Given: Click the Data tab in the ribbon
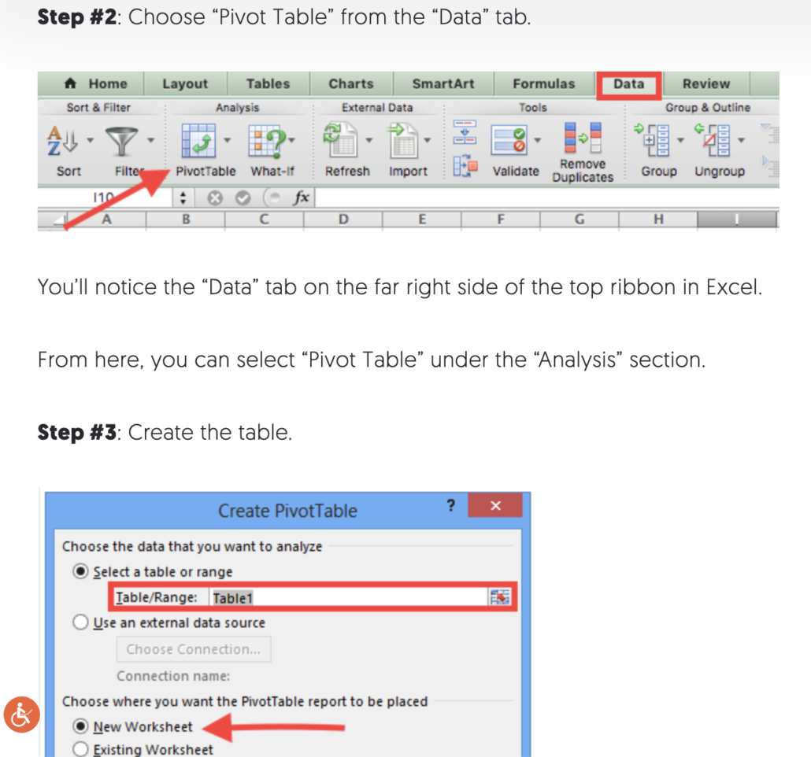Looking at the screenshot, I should click(x=628, y=84).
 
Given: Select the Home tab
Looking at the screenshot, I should click(x=96, y=84).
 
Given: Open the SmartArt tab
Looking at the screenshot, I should click(x=443, y=84).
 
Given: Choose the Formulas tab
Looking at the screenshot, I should click(x=544, y=84).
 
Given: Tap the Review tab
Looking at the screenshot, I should click(x=705, y=84).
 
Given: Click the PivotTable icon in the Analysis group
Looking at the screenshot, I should click(x=198, y=142).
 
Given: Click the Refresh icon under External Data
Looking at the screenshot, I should click(x=341, y=142).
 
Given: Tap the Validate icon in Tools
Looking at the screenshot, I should click(x=509, y=142).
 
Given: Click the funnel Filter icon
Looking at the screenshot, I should click(x=122, y=142).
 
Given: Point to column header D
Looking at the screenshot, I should click(x=343, y=220).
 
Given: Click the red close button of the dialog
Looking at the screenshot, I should click(x=495, y=506).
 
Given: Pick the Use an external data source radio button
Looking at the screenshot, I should click(x=81, y=623).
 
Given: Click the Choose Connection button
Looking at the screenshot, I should click(x=194, y=650).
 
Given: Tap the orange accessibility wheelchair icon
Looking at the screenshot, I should click(x=21, y=715).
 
